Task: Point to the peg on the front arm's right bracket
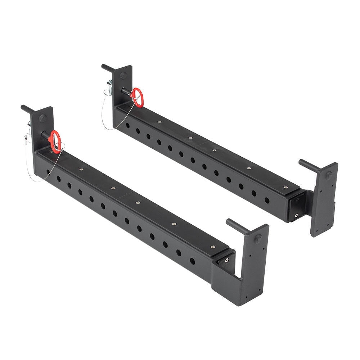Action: (234, 225)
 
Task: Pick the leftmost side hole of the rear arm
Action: (128, 126)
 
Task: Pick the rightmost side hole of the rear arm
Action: (267, 200)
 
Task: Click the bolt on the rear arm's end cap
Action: (296, 216)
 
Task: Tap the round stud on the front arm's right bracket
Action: (258, 238)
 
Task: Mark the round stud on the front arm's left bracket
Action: (42, 118)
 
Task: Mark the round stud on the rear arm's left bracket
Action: (123, 76)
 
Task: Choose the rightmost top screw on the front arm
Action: (212, 247)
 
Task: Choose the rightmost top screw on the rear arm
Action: (285, 187)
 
